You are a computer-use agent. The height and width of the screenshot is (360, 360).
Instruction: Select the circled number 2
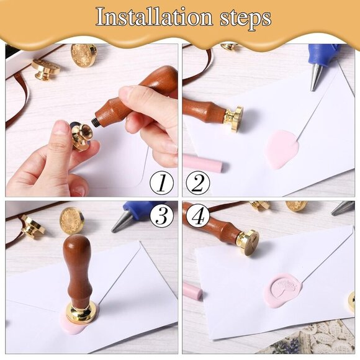pos(198,183)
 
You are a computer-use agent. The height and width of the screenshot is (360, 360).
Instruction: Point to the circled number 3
pos(161,215)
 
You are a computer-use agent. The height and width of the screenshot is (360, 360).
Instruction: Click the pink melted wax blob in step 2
pos(281,148)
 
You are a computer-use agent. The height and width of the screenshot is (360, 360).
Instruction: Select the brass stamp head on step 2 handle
pos(233,118)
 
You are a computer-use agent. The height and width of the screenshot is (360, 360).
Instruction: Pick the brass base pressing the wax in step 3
pos(82,313)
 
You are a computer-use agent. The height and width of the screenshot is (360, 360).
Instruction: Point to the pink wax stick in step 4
pos(192,290)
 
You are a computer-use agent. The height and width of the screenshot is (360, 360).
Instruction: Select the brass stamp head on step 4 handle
pos(248,243)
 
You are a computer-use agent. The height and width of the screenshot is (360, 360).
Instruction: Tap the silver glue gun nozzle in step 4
pos(342,208)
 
